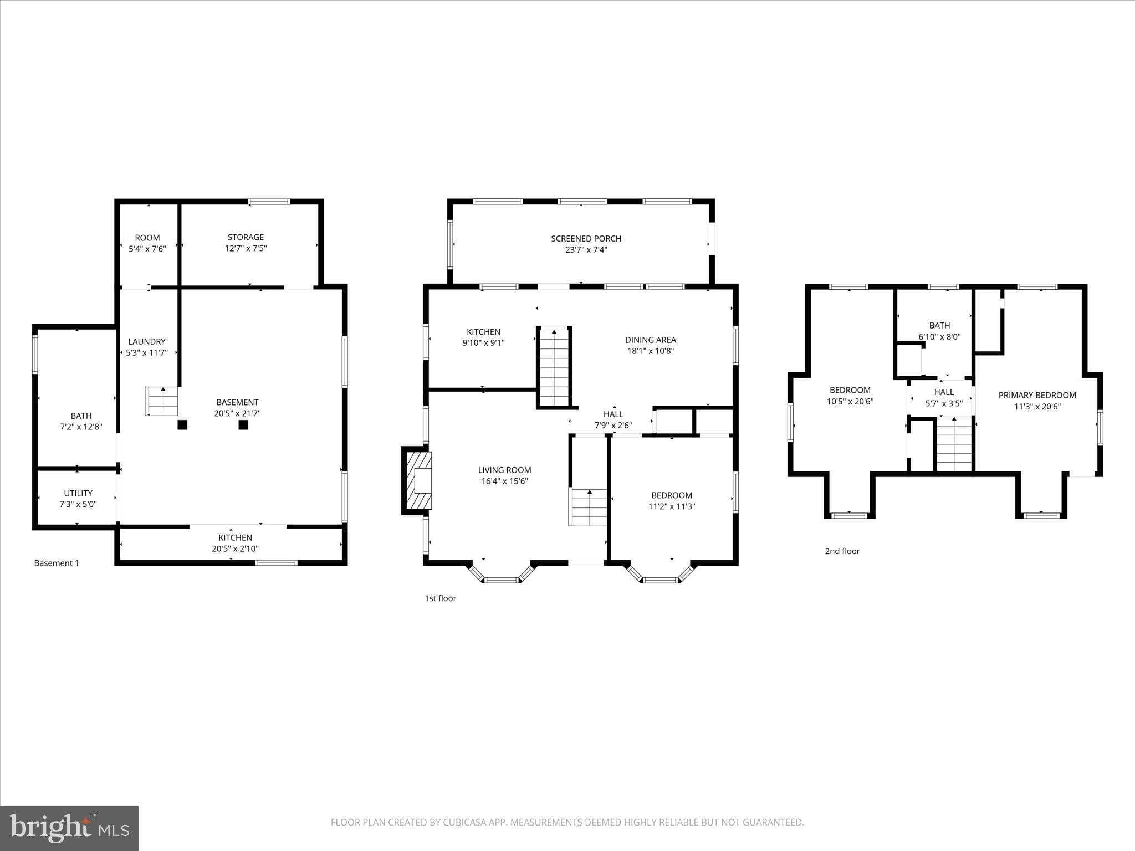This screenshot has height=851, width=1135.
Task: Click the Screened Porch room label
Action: [586, 239]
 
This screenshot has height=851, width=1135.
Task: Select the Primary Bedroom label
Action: [1037, 396]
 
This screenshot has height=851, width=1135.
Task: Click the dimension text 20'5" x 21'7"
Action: [237, 413]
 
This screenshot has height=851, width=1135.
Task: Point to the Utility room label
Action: [78, 493]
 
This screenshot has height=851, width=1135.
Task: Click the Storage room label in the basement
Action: [246, 237]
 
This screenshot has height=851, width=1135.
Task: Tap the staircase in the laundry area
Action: [162, 401]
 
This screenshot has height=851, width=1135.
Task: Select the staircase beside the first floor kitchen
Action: [554, 367]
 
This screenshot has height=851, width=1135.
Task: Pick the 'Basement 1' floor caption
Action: [57, 563]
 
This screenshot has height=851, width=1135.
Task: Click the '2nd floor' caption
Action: [842, 551]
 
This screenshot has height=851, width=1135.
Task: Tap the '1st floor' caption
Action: [440, 598]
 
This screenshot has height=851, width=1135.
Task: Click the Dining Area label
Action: [650, 340]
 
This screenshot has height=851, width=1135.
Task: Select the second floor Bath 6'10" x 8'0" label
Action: [939, 326]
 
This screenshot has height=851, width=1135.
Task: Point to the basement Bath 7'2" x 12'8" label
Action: [81, 416]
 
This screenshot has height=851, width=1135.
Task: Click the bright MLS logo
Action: [69, 828]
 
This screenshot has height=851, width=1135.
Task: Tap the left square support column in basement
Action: [182, 425]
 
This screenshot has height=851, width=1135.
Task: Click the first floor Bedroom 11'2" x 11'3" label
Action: [671, 495]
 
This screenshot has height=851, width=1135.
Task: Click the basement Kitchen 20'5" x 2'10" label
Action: [235, 538]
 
